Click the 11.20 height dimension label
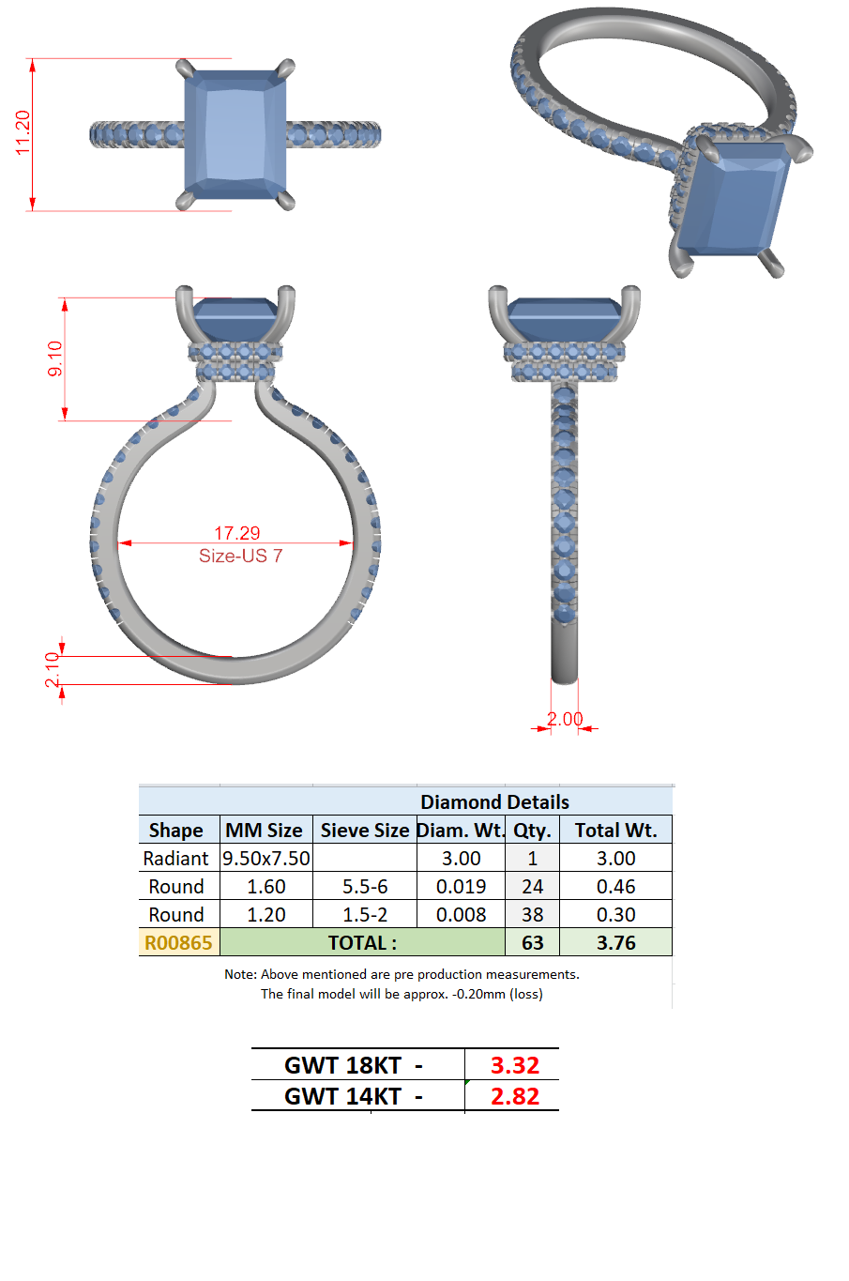click(x=23, y=132)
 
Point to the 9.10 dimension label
click(x=55, y=358)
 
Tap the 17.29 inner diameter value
click(x=236, y=533)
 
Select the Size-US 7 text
click(x=240, y=556)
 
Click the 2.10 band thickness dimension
click(x=53, y=669)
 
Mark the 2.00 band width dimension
click(x=565, y=719)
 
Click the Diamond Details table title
click(x=494, y=801)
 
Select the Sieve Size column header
click(x=365, y=830)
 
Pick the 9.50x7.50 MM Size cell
click(x=265, y=858)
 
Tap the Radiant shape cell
click(x=175, y=858)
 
